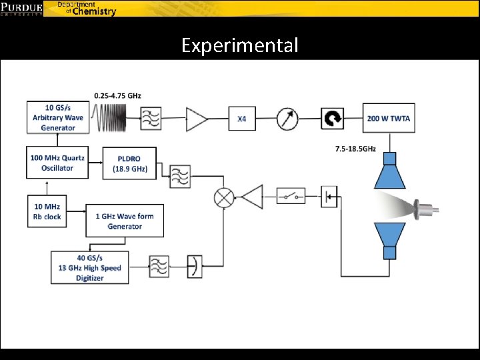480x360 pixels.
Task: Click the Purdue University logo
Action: [21, 8]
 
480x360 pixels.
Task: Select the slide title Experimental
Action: [240, 45]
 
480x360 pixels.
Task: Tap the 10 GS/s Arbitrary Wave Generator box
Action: [57, 117]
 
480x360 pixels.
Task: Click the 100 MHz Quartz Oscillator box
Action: [57, 163]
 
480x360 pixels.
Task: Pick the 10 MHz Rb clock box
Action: [47, 211]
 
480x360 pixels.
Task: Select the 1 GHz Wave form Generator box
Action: [125, 221]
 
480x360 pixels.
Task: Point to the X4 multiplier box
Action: [242, 119]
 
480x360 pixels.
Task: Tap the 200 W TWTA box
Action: [389, 119]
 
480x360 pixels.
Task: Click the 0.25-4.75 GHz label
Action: [117, 96]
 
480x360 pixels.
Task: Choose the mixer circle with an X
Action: [223, 197]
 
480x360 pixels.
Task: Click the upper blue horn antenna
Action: [388, 171]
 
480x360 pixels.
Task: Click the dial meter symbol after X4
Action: [287, 119]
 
